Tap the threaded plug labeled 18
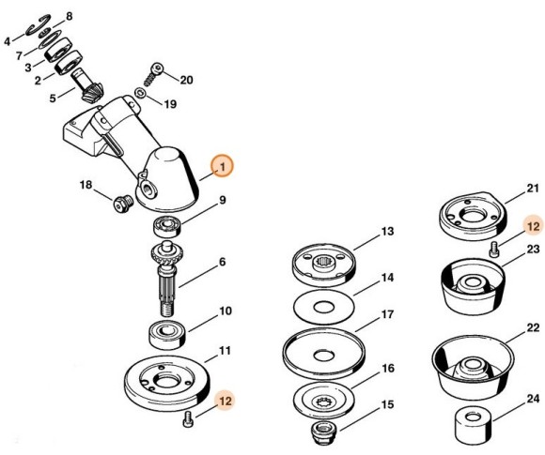[x=119, y=203]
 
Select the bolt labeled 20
[x=156, y=74]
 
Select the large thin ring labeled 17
[x=323, y=356]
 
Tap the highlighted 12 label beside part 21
[x=533, y=226]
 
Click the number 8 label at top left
[x=67, y=18]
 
